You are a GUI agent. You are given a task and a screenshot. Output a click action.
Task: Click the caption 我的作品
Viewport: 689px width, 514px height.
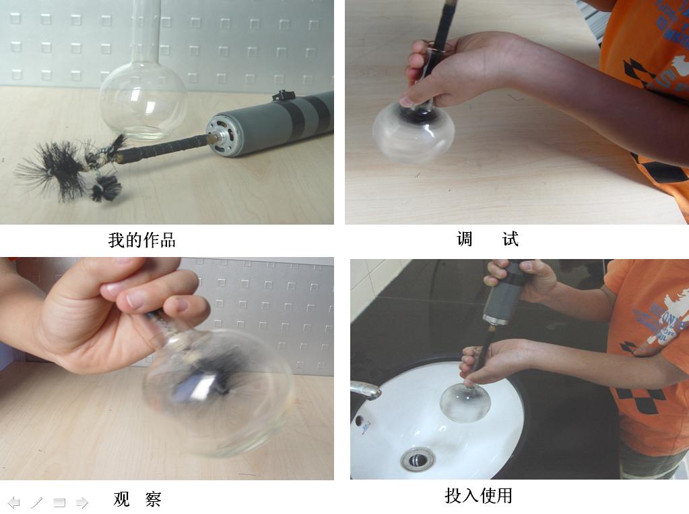[x=141, y=240]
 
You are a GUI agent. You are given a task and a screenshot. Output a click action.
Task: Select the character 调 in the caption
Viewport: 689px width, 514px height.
[x=465, y=239]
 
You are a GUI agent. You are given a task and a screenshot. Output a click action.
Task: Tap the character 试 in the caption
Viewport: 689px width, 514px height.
[x=510, y=239]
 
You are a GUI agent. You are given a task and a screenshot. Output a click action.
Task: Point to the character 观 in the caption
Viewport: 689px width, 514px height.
[x=121, y=499]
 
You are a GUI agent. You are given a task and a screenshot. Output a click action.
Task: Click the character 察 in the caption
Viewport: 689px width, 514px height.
[x=154, y=499]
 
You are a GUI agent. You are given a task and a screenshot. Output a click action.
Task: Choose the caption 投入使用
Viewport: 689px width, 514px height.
[x=478, y=496]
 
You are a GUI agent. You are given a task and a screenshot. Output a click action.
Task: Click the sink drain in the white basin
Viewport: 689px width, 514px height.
[x=418, y=459]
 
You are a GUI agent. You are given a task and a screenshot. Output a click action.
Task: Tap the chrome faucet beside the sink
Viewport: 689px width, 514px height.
[x=365, y=390]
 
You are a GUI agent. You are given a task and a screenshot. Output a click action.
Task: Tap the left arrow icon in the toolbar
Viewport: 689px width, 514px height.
[x=14, y=502]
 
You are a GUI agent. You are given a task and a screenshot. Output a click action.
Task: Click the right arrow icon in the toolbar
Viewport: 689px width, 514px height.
[x=82, y=502]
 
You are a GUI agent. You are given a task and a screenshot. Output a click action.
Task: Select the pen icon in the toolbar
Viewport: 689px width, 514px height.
[x=36, y=502]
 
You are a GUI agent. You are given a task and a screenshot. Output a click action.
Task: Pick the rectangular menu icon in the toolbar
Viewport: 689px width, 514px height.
[x=59, y=502]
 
